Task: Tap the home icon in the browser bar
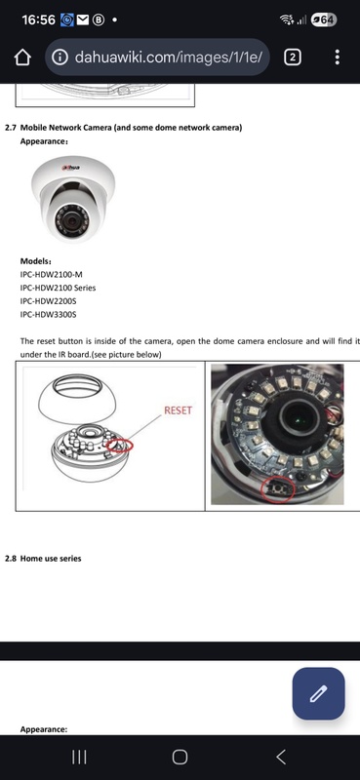point(22,58)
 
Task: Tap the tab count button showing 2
point(293,58)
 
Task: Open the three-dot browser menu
point(338,58)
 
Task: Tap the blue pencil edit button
point(318,693)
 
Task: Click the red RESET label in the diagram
point(178,410)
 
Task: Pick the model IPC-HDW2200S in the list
point(49,301)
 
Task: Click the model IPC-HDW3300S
point(49,314)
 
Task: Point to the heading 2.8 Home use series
point(43,558)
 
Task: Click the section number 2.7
point(11,128)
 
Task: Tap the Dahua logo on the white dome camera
point(71,167)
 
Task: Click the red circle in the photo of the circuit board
point(278,489)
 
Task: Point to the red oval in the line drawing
point(119,445)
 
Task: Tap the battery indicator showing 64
point(324,20)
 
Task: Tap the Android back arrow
point(281,757)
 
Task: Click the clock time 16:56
point(38,19)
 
